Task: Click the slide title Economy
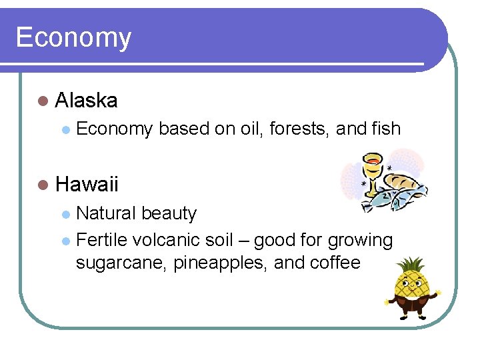point(73,37)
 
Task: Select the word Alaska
point(87,101)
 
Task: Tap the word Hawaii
point(87,183)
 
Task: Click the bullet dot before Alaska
point(43,101)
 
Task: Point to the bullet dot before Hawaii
point(43,183)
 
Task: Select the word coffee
point(335,263)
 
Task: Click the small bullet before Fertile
point(65,240)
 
